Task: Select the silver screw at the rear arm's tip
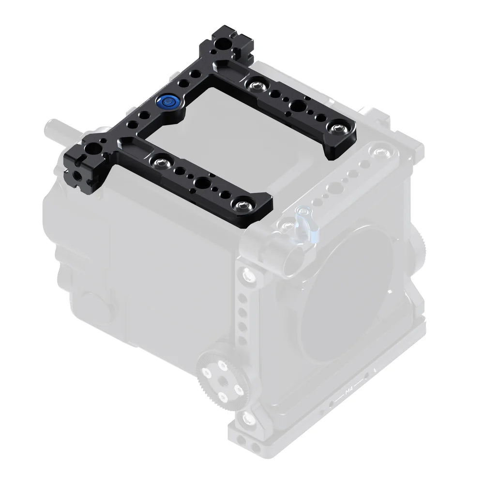tap(334, 127)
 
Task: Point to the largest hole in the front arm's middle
tap(201, 182)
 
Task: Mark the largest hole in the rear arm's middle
tap(296, 105)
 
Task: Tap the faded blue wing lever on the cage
tap(305, 224)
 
